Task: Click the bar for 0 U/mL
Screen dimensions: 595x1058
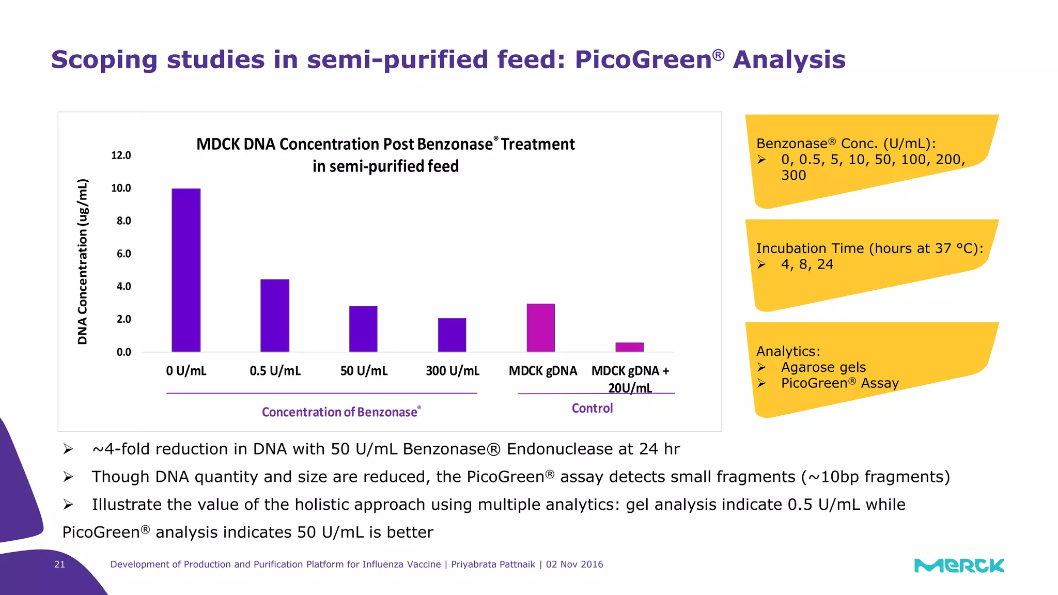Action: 186,270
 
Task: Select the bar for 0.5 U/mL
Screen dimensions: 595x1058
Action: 275,316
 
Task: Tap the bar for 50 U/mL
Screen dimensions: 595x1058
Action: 363,329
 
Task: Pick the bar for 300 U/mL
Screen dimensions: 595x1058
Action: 452,335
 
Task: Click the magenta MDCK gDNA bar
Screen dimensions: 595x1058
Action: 541,328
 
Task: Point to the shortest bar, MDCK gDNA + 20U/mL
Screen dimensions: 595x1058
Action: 629,347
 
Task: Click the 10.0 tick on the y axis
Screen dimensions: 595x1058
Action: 121,188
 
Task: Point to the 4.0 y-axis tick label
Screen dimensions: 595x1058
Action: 123,286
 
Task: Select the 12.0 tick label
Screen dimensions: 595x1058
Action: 121,155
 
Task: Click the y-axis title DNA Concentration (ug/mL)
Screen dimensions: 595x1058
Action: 83,261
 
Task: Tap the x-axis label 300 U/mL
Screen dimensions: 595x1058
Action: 453,371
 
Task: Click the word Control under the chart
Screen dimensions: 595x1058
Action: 592,409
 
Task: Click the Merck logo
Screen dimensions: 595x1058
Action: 959,566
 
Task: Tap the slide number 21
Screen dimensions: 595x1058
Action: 59,565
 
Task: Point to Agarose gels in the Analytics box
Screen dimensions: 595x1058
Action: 823,367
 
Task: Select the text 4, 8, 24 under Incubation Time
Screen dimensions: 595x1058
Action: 807,264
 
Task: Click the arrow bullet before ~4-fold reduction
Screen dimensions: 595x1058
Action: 68,449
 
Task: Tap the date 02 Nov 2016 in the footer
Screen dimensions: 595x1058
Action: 574,565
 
